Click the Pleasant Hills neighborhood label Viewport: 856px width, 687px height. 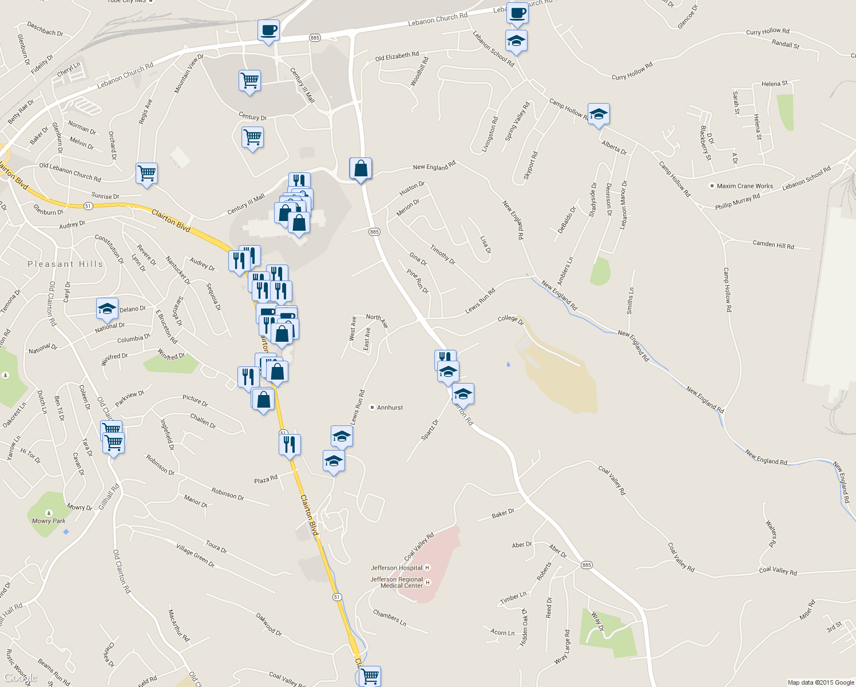[65, 264]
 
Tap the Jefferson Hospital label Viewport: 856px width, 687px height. [397, 568]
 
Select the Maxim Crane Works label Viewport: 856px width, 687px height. [744, 186]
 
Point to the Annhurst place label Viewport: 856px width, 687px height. [390, 408]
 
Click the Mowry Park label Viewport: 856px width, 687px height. [49, 521]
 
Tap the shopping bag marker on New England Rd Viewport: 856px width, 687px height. [360, 169]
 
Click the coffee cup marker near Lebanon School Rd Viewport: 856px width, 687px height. [517, 13]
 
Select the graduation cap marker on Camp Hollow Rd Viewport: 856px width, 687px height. [599, 114]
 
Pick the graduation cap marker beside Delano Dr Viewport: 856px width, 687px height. [107, 309]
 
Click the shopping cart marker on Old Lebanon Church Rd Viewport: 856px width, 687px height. [147, 173]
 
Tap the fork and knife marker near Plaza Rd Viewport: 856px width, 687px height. [290, 444]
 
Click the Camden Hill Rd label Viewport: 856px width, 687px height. [773, 244]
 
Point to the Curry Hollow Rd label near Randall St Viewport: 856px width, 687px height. [767, 32]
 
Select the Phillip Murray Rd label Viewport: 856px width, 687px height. [737, 202]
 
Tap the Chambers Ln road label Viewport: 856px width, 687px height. [389, 618]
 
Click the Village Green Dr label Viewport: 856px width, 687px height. [195, 556]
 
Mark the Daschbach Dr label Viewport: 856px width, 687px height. [45, 29]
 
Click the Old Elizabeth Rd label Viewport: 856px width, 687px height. [397, 56]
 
